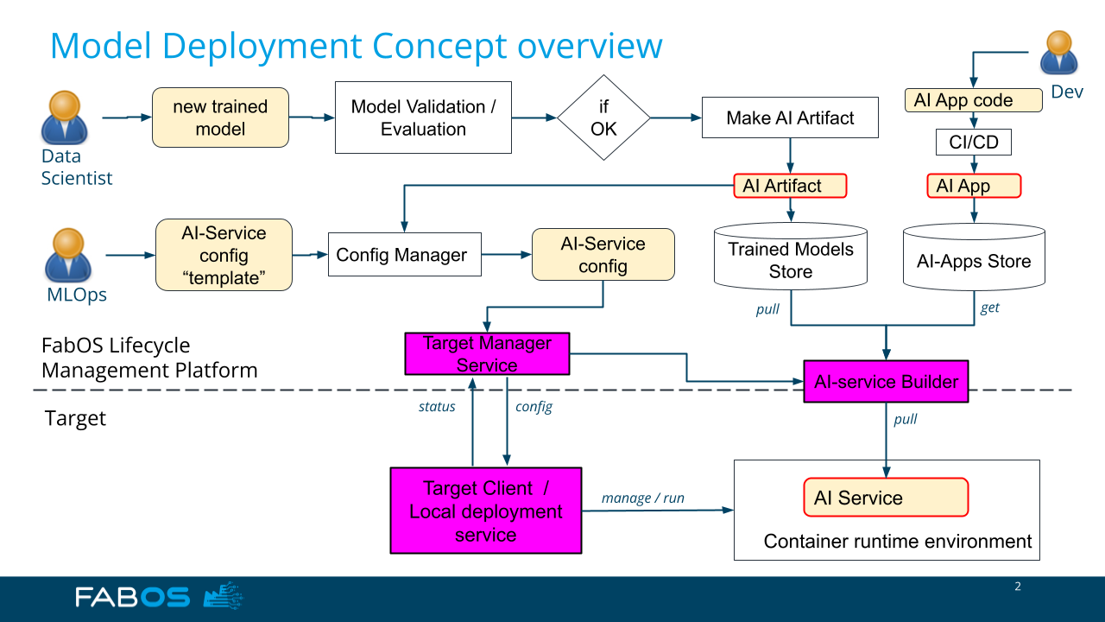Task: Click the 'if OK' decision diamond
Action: pyautogui.click(x=603, y=117)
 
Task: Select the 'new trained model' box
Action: pyautogui.click(x=220, y=117)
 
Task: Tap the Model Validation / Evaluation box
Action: pyautogui.click(x=423, y=117)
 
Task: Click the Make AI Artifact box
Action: pyautogui.click(x=790, y=117)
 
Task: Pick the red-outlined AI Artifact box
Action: pyautogui.click(x=790, y=186)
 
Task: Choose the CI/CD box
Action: pyautogui.click(x=973, y=143)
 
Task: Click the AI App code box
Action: pyautogui.click(x=973, y=100)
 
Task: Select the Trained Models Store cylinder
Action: pyautogui.click(x=790, y=257)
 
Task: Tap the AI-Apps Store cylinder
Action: pyautogui.click(x=974, y=257)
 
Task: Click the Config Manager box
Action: pyautogui.click(x=405, y=254)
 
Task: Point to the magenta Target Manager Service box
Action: pyautogui.click(x=487, y=354)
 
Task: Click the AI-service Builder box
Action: pyautogui.click(x=886, y=382)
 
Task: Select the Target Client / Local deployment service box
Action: pyautogui.click(x=486, y=511)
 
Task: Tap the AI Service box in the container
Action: pyautogui.click(x=886, y=497)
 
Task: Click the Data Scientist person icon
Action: pyautogui.click(x=64, y=117)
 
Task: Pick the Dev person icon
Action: pyautogui.click(x=1058, y=53)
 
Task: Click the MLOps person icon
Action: pyautogui.click(x=68, y=255)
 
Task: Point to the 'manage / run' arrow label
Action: pyautogui.click(x=643, y=498)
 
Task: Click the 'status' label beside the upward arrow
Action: pyautogui.click(x=437, y=406)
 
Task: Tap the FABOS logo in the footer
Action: pyautogui.click(x=159, y=596)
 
